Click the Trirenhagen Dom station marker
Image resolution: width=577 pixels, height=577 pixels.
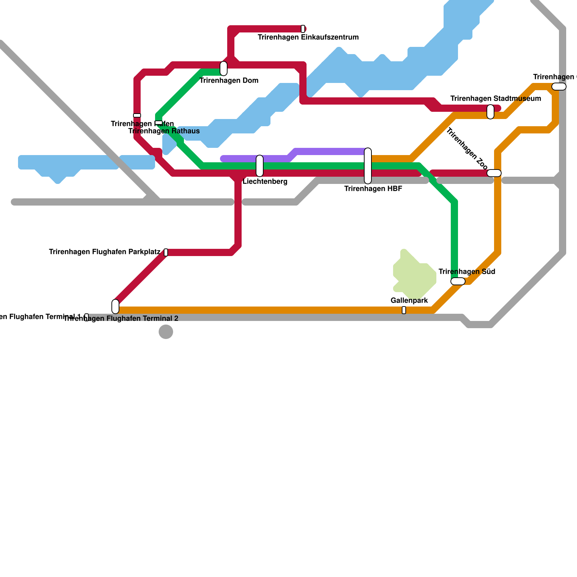[224, 69]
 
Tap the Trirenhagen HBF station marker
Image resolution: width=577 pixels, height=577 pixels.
[368, 166]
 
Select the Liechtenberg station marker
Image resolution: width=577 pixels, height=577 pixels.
[260, 166]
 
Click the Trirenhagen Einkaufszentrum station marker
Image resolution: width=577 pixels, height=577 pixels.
[303, 29]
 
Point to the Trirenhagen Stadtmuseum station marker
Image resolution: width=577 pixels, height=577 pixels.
[490, 112]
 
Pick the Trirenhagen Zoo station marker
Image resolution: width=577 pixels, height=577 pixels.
[494, 173]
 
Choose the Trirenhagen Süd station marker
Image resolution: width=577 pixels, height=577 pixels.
[458, 281]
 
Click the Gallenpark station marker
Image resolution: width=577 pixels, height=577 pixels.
[404, 310]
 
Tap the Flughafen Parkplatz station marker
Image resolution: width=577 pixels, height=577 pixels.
[166, 252]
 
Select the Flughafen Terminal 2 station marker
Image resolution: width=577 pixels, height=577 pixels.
[115, 307]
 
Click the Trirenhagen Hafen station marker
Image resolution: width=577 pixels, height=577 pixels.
[137, 115]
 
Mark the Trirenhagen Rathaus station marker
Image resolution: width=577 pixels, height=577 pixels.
[159, 123]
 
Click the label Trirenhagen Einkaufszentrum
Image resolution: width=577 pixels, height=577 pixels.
[308, 37]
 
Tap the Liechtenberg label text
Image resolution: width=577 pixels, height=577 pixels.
[265, 181]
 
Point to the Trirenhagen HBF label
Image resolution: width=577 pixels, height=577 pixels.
[373, 189]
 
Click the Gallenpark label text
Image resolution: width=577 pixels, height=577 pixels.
[409, 300]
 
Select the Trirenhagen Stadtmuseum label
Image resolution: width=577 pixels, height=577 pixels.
[495, 98]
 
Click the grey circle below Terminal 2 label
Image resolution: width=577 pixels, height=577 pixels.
[166, 332]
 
